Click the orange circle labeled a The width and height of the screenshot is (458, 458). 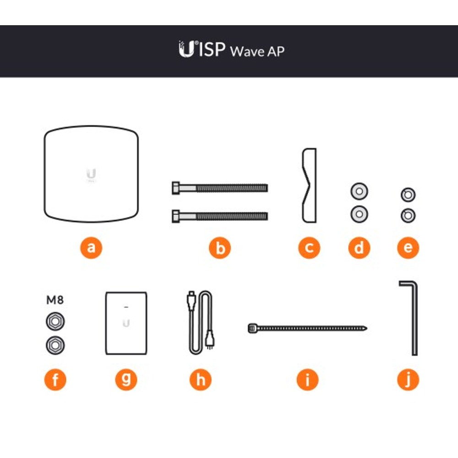click(91, 248)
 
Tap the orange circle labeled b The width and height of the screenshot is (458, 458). click(220, 248)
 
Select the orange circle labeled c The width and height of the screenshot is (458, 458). click(309, 248)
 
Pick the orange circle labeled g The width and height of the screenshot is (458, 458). click(126, 380)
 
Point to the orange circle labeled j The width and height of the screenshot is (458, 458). click(408, 380)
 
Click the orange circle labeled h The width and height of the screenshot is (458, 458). click(201, 380)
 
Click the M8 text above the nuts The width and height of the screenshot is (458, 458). click(55, 300)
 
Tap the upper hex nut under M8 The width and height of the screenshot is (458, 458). click(55, 322)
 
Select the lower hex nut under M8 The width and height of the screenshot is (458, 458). click(55, 345)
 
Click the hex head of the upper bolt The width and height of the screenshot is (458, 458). click(176, 188)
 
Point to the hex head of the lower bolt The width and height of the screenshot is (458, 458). click(176, 216)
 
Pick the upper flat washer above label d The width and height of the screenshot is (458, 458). click(359, 191)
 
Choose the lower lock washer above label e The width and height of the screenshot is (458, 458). click(408, 216)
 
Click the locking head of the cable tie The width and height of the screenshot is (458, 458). click(252, 328)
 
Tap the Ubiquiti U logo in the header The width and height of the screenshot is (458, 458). click(187, 49)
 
